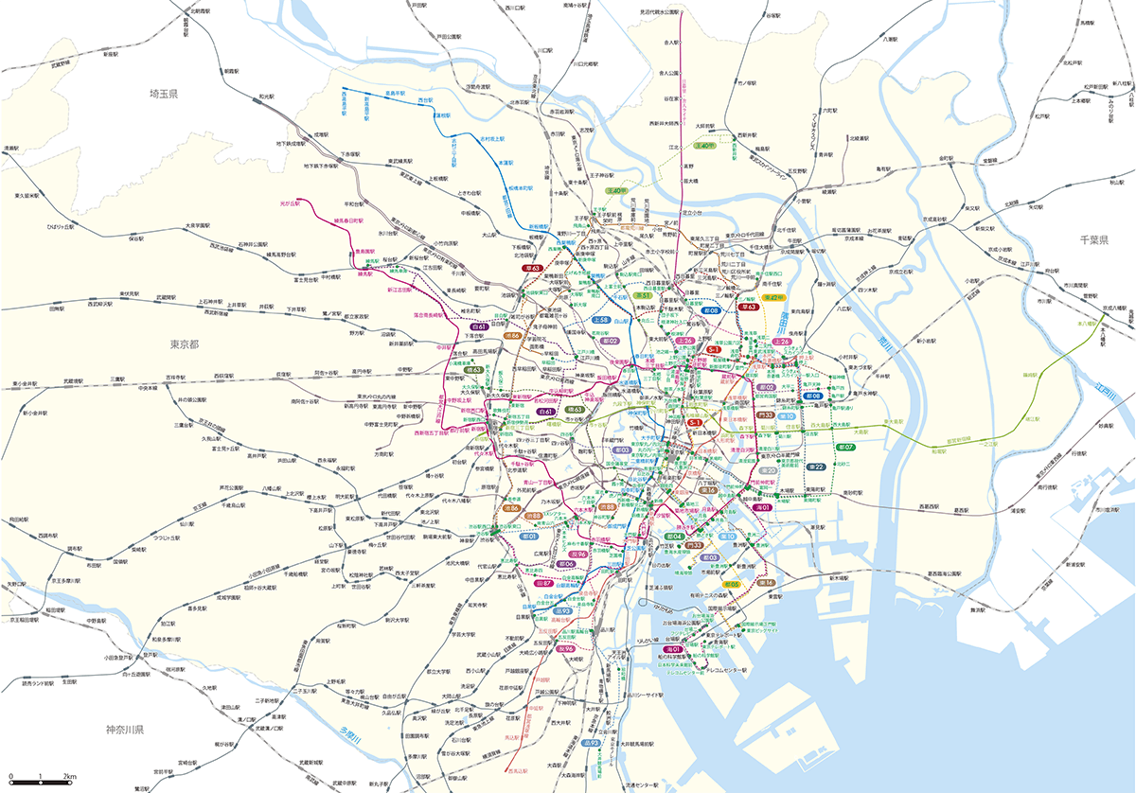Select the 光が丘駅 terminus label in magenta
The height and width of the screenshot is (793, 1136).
(289, 203)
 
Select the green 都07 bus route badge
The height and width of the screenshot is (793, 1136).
(845, 447)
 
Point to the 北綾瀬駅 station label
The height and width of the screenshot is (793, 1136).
(866, 138)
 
